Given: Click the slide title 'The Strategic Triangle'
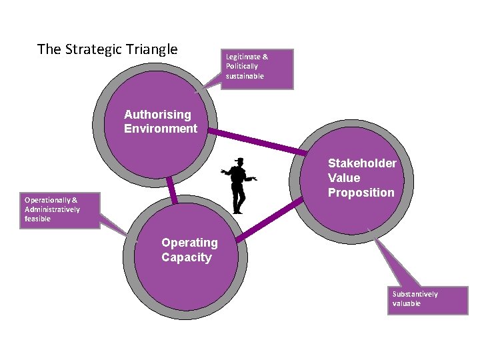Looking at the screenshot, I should [x=107, y=49].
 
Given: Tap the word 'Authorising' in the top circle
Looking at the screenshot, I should [x=157, y=115].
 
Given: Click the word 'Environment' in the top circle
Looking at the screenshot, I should [x=161, y=129].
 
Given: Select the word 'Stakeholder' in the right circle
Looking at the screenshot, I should [x=362, y=163].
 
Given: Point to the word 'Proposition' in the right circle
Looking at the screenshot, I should [x=361, y=193].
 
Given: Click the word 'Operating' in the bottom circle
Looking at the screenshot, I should [x=189, y=243].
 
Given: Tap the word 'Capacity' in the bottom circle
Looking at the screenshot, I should [x=186, y=257].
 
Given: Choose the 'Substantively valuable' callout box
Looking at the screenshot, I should [x=428, y=299].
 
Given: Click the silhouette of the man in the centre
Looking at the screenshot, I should [x=238, y=187].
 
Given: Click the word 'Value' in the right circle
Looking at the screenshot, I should [x=344, y=178].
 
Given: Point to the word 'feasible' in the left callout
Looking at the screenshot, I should [x=37, y=219].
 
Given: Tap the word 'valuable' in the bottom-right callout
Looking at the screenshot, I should [x=407, y=303].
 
